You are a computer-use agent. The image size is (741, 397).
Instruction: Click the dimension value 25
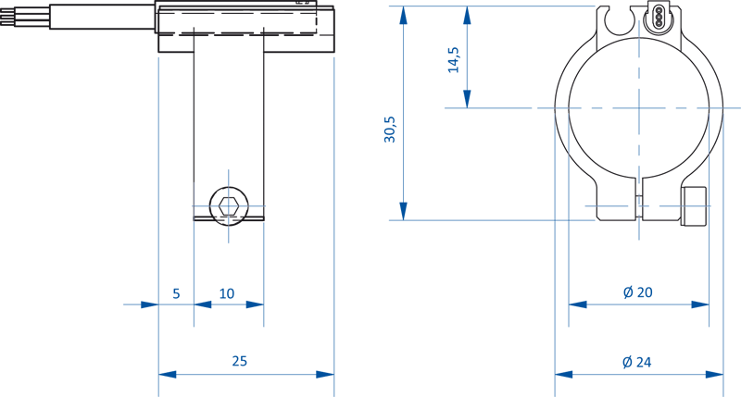[240, 361]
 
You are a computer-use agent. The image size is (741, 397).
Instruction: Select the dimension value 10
[227, 293]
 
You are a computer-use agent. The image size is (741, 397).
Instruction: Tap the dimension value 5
[176, 293]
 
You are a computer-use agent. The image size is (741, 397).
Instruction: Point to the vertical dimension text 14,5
[454, 58]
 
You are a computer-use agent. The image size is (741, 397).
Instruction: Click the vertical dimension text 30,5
[390, 130]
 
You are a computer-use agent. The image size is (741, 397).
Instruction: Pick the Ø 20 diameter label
[638, 292]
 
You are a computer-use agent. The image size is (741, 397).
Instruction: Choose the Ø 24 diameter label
[637, 362]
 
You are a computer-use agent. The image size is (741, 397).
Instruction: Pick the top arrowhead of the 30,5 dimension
[403, 14]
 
